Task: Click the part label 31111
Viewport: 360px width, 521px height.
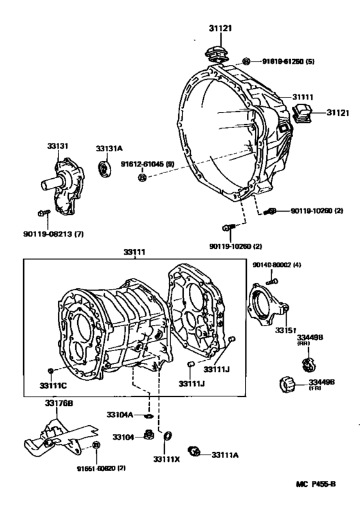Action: [x=303, y=97]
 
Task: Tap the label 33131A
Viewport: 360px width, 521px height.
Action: [x=109, y=149]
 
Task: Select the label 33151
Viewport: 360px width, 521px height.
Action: [x=286, y=330]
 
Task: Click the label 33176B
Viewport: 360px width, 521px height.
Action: [x=59, y=403]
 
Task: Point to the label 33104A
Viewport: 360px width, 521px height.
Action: [x=120, y=415]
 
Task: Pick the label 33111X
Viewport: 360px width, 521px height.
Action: [x=166, y=459]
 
